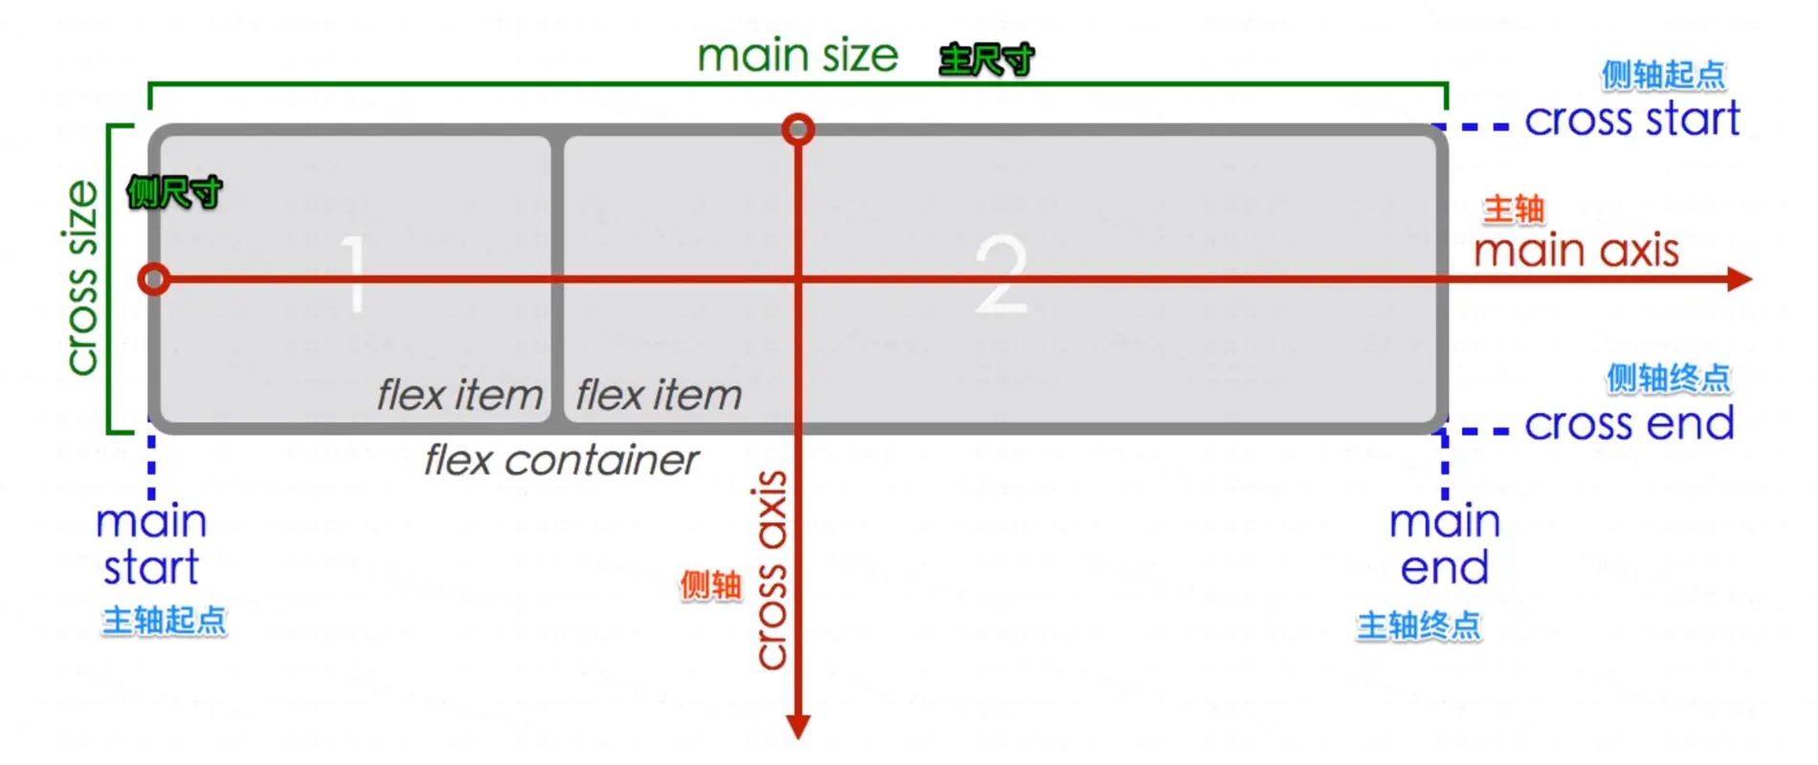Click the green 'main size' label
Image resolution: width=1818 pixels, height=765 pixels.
tap(797, 56)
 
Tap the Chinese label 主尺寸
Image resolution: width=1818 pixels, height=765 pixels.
tap(987, 60)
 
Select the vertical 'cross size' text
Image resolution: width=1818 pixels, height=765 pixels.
tap(82, 277)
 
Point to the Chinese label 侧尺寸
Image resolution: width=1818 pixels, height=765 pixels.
tap(174, 193)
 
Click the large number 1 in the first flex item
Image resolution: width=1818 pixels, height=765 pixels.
tap(355, 274)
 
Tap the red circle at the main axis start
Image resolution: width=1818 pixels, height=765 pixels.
tap(154, 279)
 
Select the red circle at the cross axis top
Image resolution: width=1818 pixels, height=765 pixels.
tap(798, 129)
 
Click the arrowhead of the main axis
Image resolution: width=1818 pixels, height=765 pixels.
tap(1740, 279)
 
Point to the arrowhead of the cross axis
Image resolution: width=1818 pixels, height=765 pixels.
tap(798, 727)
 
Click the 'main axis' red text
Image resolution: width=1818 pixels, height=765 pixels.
tap(1576, 251)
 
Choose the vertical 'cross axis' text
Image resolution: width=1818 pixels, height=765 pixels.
tap(771, 570)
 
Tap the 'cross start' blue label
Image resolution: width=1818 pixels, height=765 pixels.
tap(1631, 120)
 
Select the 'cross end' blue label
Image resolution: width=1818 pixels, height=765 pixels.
tap(1629, 424)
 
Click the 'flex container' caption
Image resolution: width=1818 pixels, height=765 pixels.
tap(562, 461)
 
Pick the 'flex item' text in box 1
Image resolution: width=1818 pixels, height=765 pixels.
tap(459, 395)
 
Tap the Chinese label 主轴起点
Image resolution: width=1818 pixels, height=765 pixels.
tap(165, 621)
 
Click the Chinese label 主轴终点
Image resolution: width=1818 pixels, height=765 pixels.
tap(1418, 626)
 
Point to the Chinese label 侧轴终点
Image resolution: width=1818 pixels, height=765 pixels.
tap(1668, 379)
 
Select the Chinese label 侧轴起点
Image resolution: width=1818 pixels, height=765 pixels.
tap(1663, 75)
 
